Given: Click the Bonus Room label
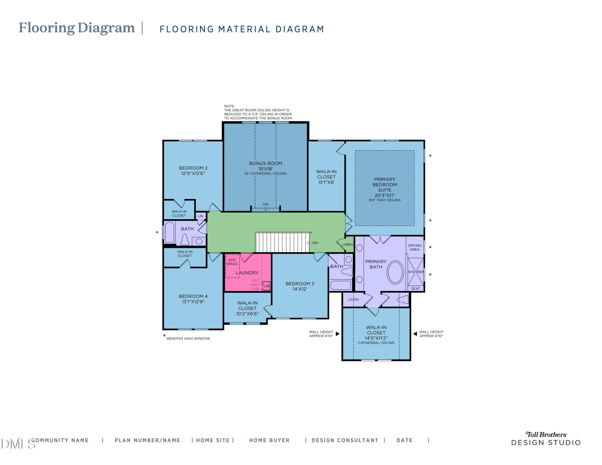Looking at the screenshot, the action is pyautogui.click(x=265, y=163).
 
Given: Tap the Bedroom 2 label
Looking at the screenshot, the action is pyautogui.click(x=193, y=168).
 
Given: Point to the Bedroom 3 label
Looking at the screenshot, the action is pyautogui.click(x=300, y=283).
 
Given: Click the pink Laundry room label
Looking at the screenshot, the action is pyautogui.click(x=247, y=273).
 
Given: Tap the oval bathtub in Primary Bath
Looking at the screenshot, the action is pyautogui.click(x=395, y=272).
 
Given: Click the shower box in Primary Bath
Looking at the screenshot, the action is pyautogui.click(x=416, y=272).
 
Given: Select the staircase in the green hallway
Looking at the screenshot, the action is pyautogui.click(x=283, y=242).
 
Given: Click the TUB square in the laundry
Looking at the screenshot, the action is pyautogui.click(x=266, y=286).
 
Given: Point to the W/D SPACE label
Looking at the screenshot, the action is pyautogui.click(x=232, y=262).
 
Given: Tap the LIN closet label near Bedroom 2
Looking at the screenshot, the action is pyautogui.click(x=200, y=216).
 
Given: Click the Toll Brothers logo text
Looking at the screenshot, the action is pyautogui.click(x=546, y=435).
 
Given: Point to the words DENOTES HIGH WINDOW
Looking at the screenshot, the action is pyautogui.click(x=188, y=339).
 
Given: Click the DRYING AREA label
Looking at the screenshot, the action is pyautogui.click(x=415, y=247).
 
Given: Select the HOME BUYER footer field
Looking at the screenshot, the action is pyautogui.click(x=269, y=440).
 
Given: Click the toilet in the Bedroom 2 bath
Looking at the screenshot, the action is pyautogui.click(x=185, y=240).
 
